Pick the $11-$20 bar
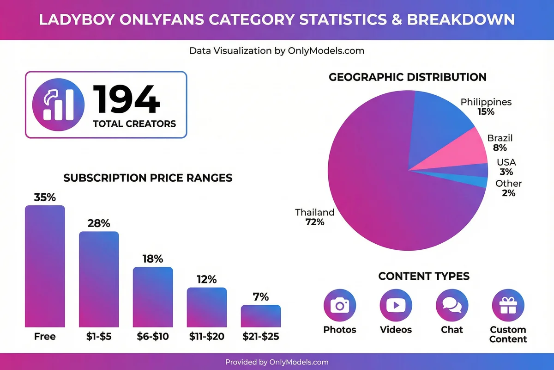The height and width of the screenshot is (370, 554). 207,307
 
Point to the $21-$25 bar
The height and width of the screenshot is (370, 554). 260,316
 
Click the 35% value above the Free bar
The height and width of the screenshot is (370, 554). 45,197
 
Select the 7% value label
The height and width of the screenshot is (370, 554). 261,297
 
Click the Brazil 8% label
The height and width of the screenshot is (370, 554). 500,143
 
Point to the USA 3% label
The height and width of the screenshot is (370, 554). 506,167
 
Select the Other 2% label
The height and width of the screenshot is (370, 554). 509,188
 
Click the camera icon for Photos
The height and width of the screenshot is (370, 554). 340,306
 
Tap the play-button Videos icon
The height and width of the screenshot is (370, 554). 396,306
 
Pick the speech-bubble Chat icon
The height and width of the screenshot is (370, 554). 452,306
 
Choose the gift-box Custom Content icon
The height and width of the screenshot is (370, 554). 508,306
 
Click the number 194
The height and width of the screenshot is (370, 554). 127,99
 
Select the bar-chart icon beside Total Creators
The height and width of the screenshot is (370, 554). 59,105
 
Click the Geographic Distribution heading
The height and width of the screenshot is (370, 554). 408,77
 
